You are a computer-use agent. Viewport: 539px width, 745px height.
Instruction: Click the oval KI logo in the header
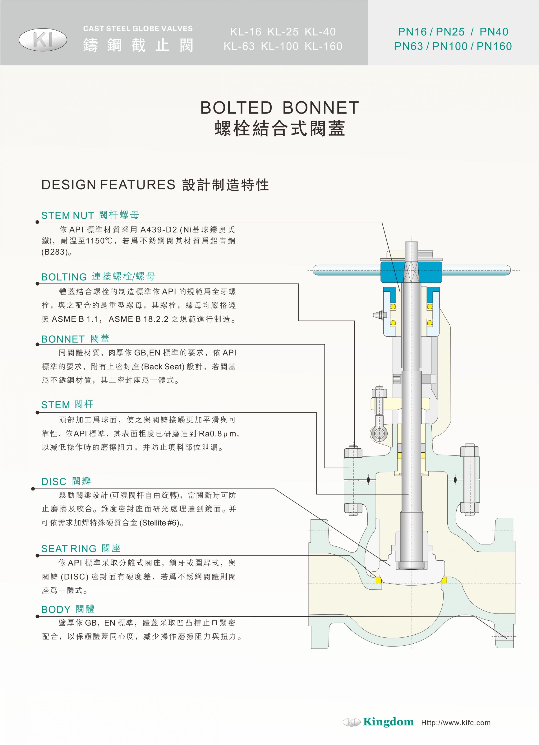(x=43, y=40)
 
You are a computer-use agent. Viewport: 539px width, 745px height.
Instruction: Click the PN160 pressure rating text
(x=494, y=46)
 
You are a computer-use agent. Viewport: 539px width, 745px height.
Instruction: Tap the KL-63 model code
(x=239, y=46)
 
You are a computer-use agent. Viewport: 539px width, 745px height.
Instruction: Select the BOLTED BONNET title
(x=280, y=108)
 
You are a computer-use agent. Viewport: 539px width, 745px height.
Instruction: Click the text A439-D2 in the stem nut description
(x=159, y=230)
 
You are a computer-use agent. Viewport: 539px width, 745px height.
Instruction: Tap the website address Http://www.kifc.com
(x=456, y=723)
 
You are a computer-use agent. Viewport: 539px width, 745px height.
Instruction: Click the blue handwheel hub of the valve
(x=411, y=272)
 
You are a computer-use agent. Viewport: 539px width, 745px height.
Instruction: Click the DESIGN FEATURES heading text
(x=108, y=185)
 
